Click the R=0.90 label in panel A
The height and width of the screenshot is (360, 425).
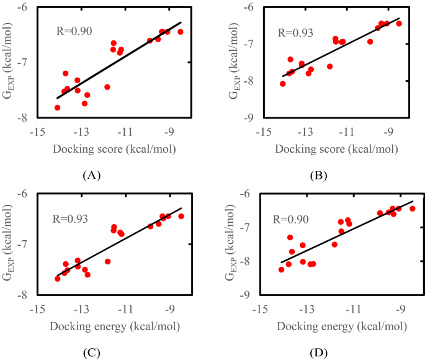coord(76,30)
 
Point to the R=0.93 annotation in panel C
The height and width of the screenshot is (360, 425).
coord(71,218)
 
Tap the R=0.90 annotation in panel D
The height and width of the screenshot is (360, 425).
coord(291,218)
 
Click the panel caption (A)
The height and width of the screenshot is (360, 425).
coord(91,175)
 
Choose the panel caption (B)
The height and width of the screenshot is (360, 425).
coord(318,175)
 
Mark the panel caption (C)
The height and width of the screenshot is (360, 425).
coord(91,353)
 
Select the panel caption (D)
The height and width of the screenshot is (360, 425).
coord(318,353)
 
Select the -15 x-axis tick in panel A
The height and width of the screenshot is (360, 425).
coord(38,131)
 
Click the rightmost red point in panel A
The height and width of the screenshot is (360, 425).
coord(181,32)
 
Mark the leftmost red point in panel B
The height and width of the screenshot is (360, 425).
coord(283,84)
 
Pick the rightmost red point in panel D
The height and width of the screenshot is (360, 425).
coord(412,209)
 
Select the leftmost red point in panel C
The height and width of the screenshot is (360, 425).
coord(58,279)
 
